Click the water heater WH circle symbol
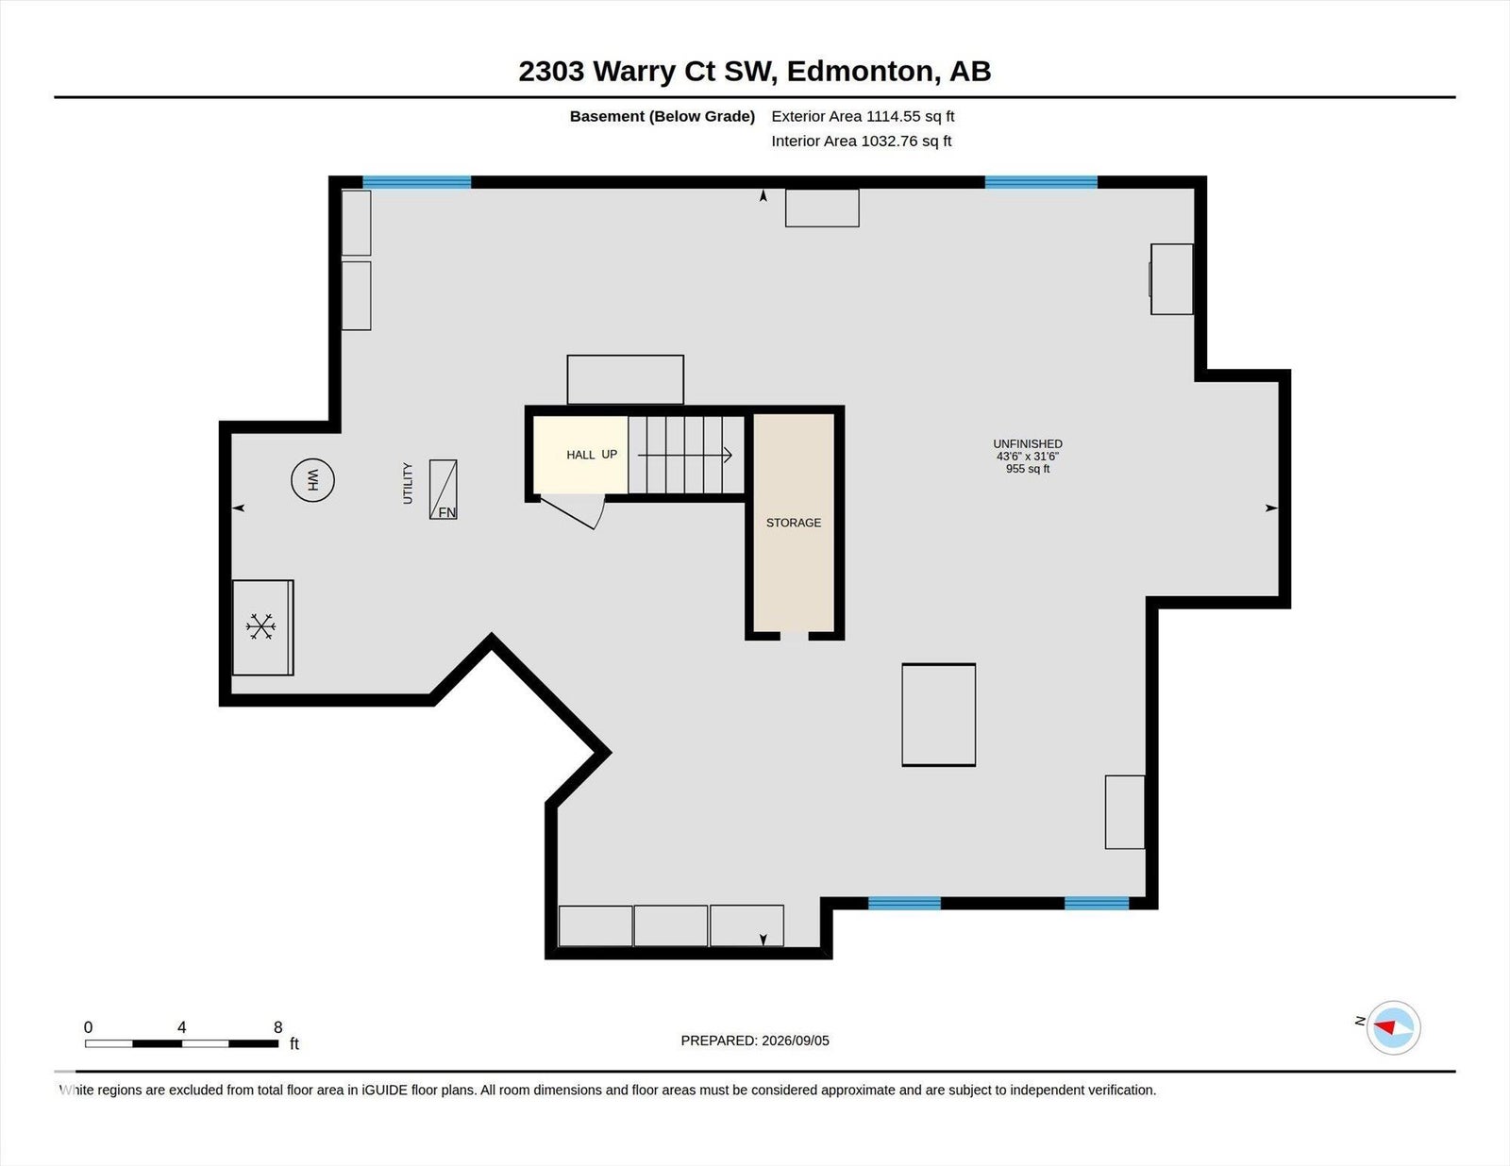click(312, 480)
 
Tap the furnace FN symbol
click(444, 490)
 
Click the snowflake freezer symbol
click(260, 625)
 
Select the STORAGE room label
click(794, 523)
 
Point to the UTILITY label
click(408, 483)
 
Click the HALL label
click(580, 455)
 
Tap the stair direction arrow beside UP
click(684, 455)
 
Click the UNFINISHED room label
click(1028, 443)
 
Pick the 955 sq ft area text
click(1028, 469)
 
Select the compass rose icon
click(1393, 1028)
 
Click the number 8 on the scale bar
click(278, 1027)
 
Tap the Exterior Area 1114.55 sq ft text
click(863, 116)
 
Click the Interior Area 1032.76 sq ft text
click(861, 141)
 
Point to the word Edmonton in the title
click(860, 72)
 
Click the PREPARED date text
click(755, 1041)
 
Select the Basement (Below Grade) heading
click(663, 116)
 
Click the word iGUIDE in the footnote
click(384, 1090)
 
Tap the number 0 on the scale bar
click(89, 1027)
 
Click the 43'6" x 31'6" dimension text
click(1028, 457)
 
